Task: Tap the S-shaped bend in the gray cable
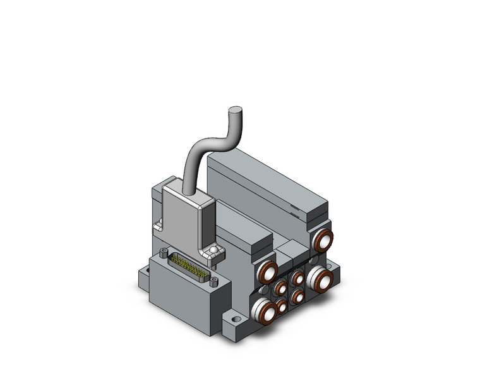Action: click(x=209, y=140)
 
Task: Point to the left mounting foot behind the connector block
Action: click(x=143, y=274)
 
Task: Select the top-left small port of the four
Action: click(x=280, y=289)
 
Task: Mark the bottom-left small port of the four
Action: click(x=282, y=307)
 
